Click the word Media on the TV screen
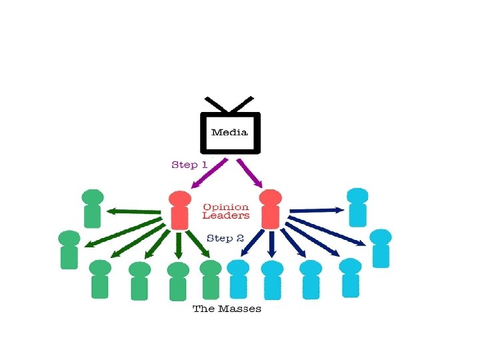tap(229, 132)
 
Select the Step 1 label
tap(189, 165)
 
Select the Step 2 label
tap(225, 238)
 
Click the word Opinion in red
tap(226, 207)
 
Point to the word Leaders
tap(226, 215)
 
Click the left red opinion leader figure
tap(179, 209)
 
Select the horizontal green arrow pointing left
tap(134, 212)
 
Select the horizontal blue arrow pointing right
tap(317, 211)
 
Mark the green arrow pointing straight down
tap(178, 245)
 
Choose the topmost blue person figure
tap(357, 207)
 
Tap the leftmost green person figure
tap(69, 249)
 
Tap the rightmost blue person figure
tap(381, 248)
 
